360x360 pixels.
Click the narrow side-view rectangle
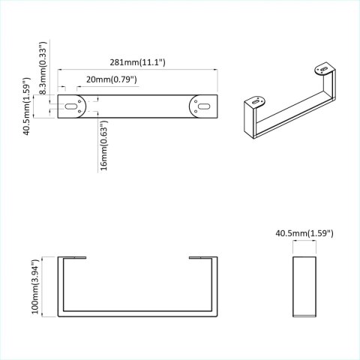[304, 289]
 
